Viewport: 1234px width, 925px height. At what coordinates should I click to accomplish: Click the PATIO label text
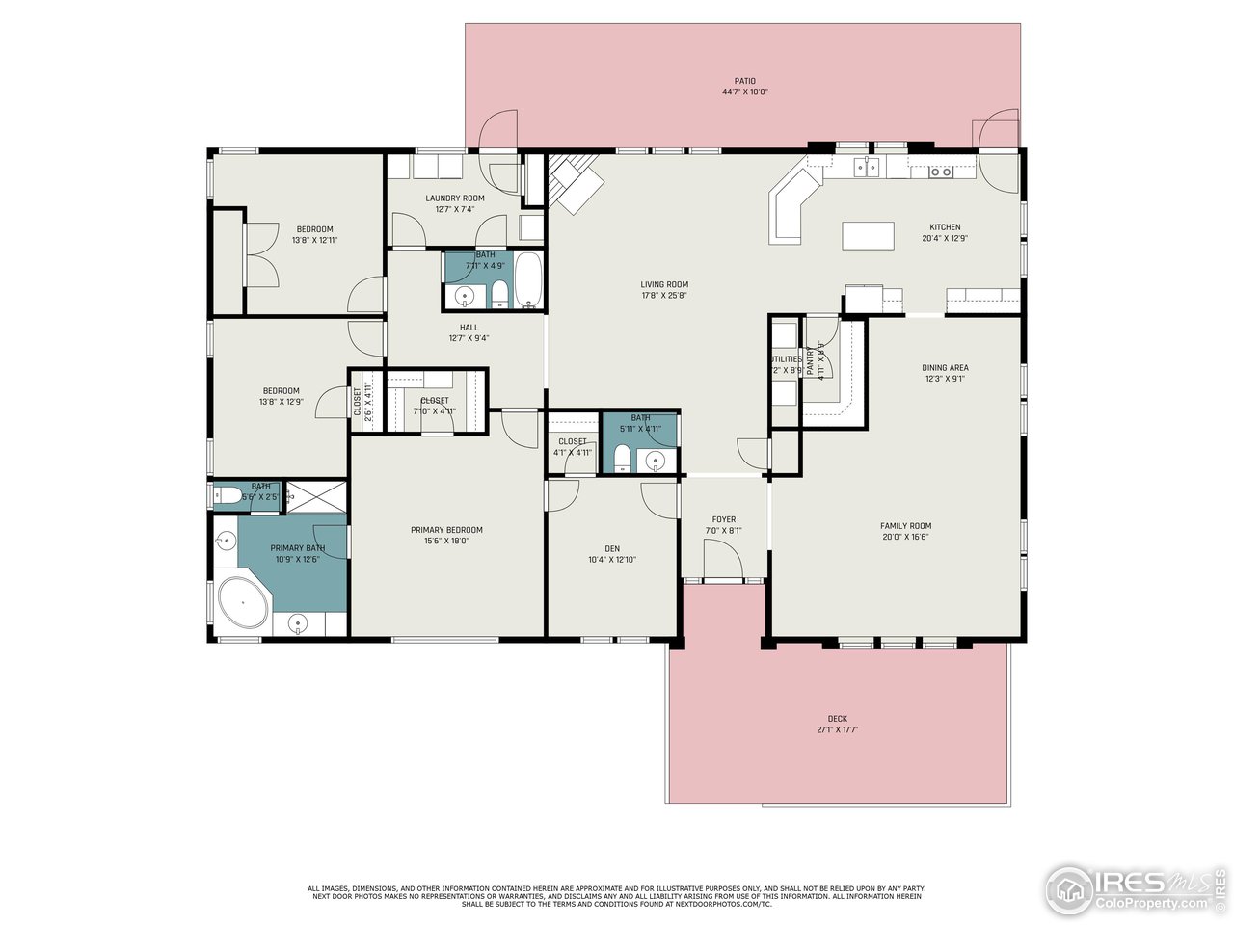(x=744, y=81)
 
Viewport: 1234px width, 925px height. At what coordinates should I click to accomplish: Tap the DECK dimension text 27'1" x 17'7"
(x=837, y=730)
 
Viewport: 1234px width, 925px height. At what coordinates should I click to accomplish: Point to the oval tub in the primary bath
(x=243, y=604)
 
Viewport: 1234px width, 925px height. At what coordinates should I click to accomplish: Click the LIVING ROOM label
(x=664, y=284)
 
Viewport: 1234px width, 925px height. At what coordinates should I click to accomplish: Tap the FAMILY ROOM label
(x=905, y=526)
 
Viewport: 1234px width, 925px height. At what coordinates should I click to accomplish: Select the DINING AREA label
(x=945, y=367)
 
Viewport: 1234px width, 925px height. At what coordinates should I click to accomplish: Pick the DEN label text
(x=612, y=548)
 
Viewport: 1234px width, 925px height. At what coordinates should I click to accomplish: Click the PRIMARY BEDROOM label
(x=446, y=529)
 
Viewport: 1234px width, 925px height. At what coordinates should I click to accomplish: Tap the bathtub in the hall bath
(x=529, y=280)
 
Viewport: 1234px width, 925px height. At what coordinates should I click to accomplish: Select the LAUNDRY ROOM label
(x=455, y=198)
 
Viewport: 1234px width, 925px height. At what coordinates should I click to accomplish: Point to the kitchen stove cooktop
(x=941, y=172)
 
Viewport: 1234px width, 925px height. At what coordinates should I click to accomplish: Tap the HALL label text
(x=469, y=327)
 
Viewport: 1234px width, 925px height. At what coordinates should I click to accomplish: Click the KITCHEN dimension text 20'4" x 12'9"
(x=945, y=238)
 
